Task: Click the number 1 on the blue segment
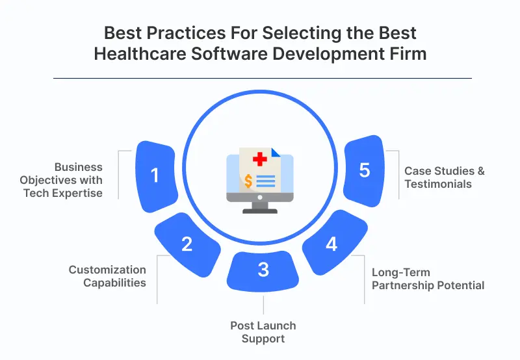[155, 175]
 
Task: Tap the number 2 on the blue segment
[187, 244]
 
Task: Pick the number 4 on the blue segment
[331, 244]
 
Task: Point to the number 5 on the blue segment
[365, 170]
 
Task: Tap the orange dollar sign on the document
[249, 180]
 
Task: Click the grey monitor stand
[260, 207]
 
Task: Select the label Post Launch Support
[263, 331]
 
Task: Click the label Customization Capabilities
[107, 276]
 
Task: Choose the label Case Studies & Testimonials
[445, 177]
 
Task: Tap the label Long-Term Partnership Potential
[428, 279]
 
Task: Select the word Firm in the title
[408, 53]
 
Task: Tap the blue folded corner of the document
[275, 153]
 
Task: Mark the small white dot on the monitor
[260, 197]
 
